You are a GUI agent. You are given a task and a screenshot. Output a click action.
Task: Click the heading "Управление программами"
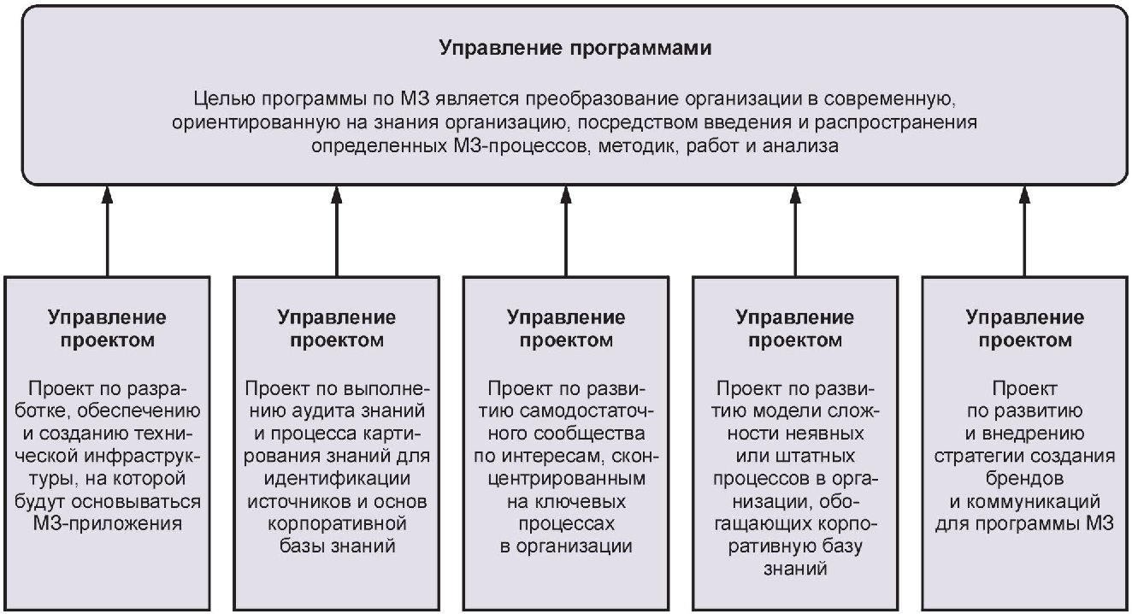point(575,48)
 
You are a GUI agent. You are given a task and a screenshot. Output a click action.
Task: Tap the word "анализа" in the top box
point(800,146)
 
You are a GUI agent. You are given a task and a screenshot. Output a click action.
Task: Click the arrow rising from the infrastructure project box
point(107,231)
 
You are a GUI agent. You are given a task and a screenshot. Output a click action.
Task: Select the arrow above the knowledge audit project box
point(337,231)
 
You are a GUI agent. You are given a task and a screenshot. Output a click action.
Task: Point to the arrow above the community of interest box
point(566,231)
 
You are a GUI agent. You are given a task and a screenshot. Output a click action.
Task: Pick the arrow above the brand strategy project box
point(1024,231)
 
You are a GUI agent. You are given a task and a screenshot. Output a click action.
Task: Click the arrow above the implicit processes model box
point(795,231)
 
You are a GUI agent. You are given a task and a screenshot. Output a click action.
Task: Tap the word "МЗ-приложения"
point(107,523)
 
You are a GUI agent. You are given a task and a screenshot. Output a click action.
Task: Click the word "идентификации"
point(337,479)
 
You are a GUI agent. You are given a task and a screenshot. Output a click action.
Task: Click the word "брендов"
point(1024,479)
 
